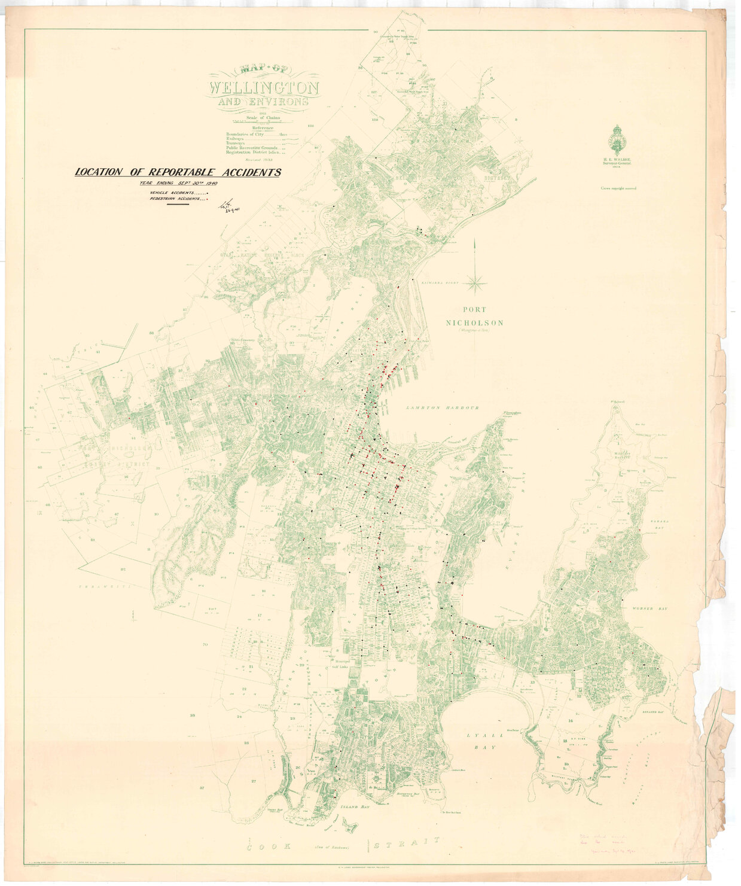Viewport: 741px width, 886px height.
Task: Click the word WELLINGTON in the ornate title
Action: pyautogui.click(x=263, y=88)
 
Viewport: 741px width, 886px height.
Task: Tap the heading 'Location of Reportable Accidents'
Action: pyautogui.click(x=178, y=172)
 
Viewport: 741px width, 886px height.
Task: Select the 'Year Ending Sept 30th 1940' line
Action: pyautogui.click(x=178, y=184)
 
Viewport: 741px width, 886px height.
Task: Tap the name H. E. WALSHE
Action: pyautogui.click(x=618, y=160)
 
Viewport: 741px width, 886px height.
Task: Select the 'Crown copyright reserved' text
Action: pyautogui.click(x=618, y=188)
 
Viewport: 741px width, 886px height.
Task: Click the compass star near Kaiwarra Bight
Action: pyautogui.click(x=476, y=281)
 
